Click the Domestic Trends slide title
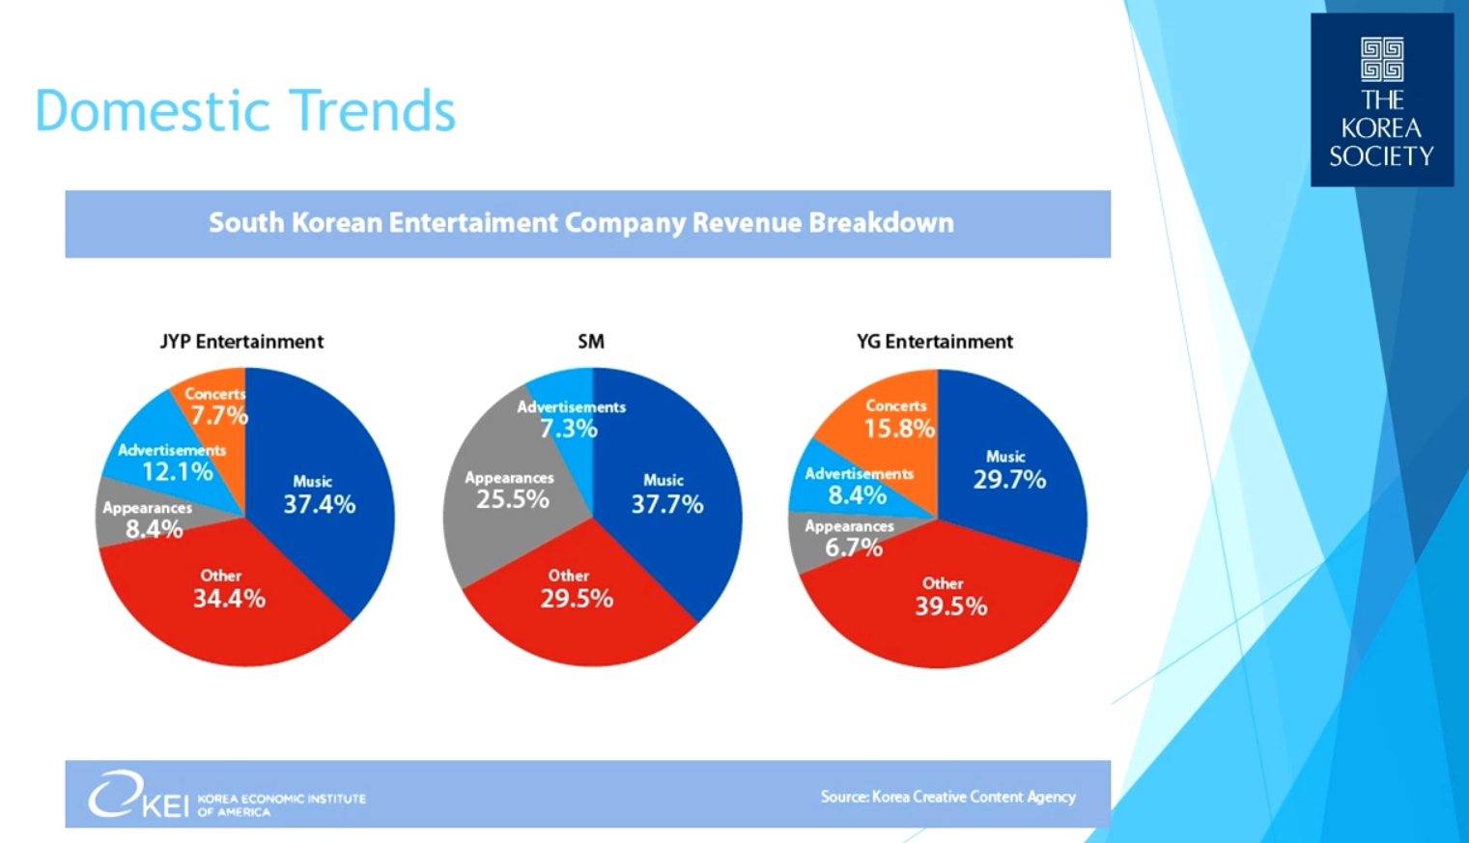pyautogui.click(x=244, y=110)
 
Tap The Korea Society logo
pyautogui.click(x=1381, y=99)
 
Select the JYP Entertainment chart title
pyautogui.click(x=241, y=342)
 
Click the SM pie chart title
pyautogui.click(x=591, y=342)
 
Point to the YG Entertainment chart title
pyautogui.click(x=934, y=342)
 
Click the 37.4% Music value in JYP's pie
pyautogui.click(x=319, y=504)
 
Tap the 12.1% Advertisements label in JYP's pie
pyautogui.click(x=177, y=471)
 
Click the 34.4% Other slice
pyautogui.click(x=229, y=599)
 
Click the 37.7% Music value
pyautogui.click(x=666, y=504)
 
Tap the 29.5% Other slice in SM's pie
pyautogui.click(x=577, y=599)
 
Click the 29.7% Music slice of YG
pyautogui.click(x=1009, y=479)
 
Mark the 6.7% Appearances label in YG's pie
pyautogui.click(x=853, y=548)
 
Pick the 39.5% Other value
pyautogui.click(x=951, y=606)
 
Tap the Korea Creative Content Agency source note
pyautogui.click(x=947, y=797)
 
